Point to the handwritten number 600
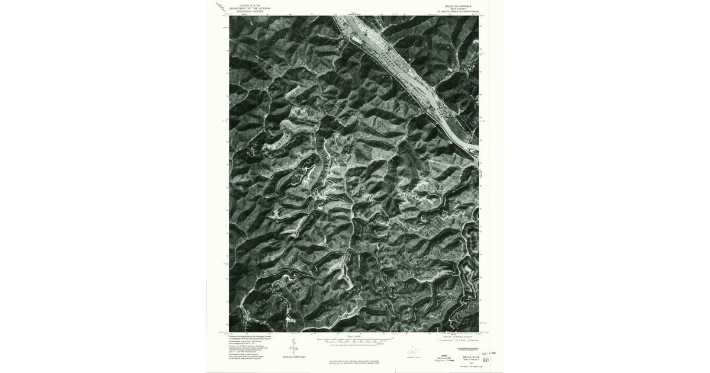pyautogui.click(x=486, y=360)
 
